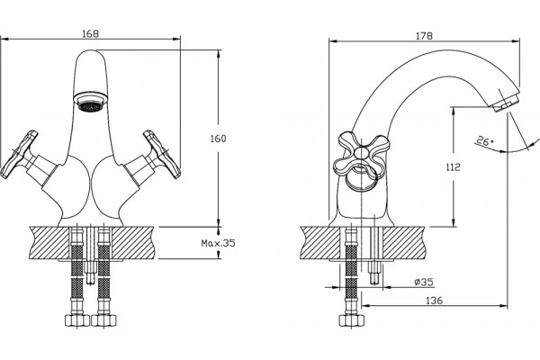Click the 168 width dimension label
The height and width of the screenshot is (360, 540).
(x=91, y=34)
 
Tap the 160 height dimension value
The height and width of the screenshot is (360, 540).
(x=218, y=139)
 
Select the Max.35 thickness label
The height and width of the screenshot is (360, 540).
(x=219, y=243)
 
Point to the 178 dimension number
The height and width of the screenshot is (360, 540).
(x=424, y=36)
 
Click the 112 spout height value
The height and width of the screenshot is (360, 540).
(x=453, y=167)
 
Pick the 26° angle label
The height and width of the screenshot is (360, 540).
(x=485, y=141)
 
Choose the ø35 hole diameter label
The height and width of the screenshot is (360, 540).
(x=424, y=282)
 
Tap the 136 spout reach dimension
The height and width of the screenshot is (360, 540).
(x=435, y=301)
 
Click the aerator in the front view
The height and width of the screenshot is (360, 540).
(x=91, y=102)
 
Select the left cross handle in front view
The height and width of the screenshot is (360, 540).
(x=19, y=154)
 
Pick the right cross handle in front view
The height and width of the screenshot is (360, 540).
(x=162, y=154)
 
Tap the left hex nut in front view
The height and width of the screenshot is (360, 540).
(x=77, y=320)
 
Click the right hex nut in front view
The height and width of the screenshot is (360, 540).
(x=104, y=320)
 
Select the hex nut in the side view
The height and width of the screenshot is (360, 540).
(x=351, y=320)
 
